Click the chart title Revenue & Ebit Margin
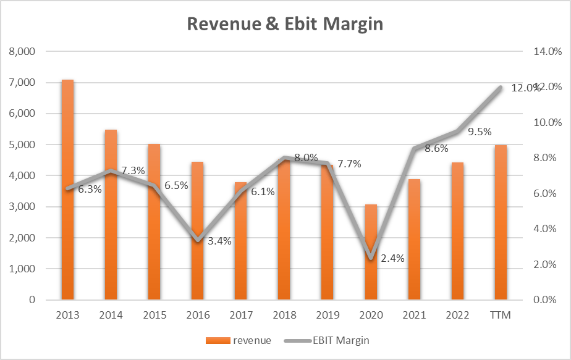pyautogui.click(x=285, y=24)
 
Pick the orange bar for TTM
pyautogui.click(x=500, y=222)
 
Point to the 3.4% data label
pyautogui.click(x=219, y=241)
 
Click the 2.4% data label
pyautogui.click(x=392, y=259)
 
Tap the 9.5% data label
pyautogui.click(x=479, y=132)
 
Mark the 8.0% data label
pyautogui.click(x=306, y=157)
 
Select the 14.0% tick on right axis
pyautogui.click(x=547, y=51)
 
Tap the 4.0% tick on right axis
pyautogui.click(x=547, y=229)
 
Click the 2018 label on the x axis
pyautogui.click(x=284, y=315)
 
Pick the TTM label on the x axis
pyautogui.click(x=500, y=315)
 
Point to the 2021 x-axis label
pyautogui.click(x=413, y=315)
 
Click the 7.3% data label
pyautogui.click(x=133, y=170)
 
